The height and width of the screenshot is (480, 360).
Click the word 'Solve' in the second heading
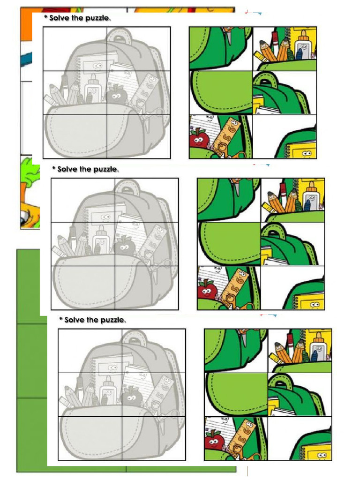click(x=68, y=169)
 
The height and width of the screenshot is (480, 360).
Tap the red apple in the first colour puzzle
click(x=197, y=139)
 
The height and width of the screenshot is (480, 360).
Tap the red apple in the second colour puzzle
click(x=205, y=290)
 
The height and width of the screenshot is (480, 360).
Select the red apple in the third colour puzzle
click(x=213, y=441)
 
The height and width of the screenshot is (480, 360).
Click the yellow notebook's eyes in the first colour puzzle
click(x=307, y=153)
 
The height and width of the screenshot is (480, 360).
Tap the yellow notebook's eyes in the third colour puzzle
click(x=322, y=455)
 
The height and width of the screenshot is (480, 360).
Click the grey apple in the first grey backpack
click(x=116, y=95)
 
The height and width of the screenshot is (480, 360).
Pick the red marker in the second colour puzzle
click(x=283, y=190)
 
